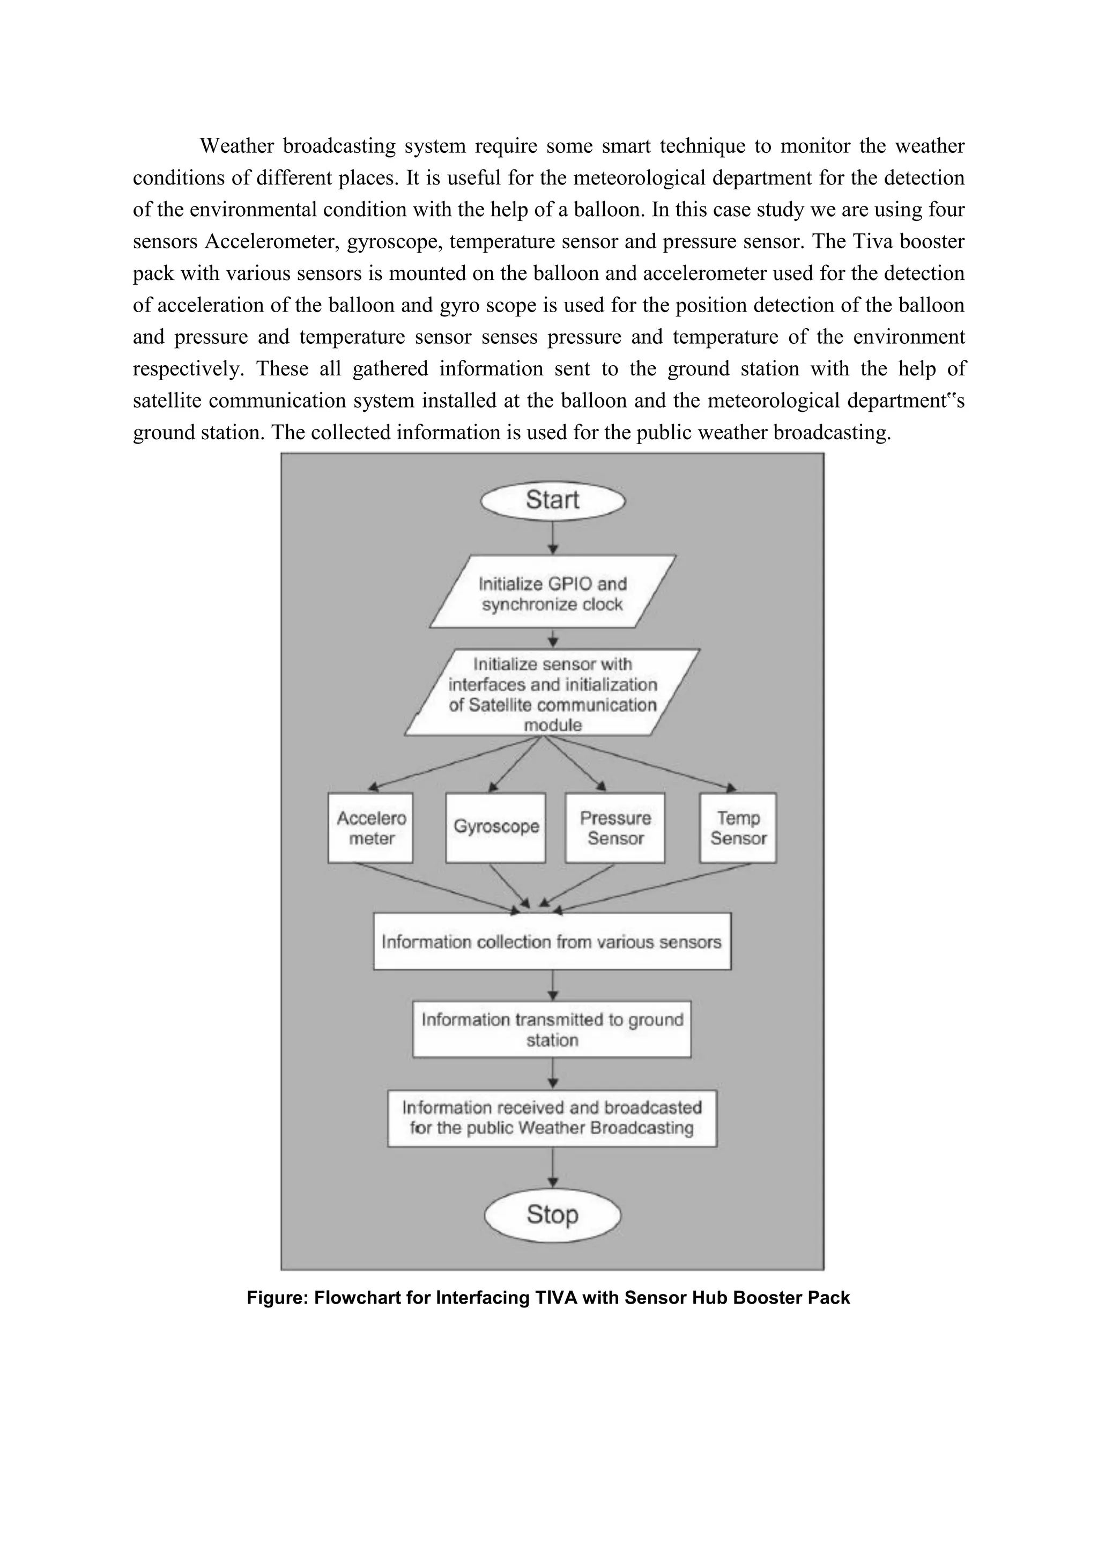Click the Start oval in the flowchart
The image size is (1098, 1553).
(552, 500)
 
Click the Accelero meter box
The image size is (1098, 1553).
(370, 828)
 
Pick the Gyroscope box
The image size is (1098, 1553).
(495, 828)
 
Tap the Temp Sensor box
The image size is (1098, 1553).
(738, 828)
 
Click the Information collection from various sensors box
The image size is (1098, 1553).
(552, 942)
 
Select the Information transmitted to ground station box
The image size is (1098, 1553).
(552, 1030)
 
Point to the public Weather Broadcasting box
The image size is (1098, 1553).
(552, 1118)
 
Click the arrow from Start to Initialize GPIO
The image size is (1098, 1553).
(553, 538)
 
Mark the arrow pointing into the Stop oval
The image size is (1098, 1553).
(553, 1167)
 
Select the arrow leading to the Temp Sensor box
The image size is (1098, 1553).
(642, 764)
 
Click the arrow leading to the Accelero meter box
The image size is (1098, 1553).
(453, 764)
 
